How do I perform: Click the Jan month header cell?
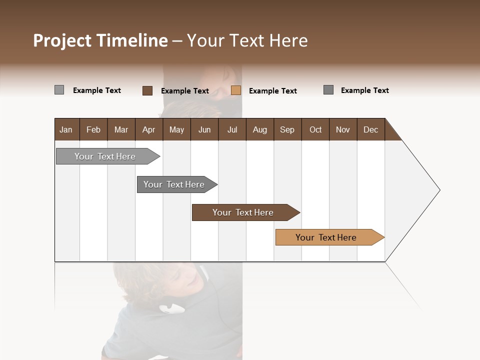pyautogui.click(x=66, y=129)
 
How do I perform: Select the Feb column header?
pyautogui.click(x=93, y=129)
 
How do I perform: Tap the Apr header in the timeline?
pyautogui.click(x=148, y=129)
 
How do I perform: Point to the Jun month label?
pyautogui.click(x=204, y=129)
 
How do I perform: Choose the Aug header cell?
pyautogui.click(x=259, y=129)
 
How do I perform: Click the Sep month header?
pyautogui.click(x=287, y=129)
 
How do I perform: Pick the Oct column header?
pyautogui.click(x=315, y=129)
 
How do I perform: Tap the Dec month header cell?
pyautogui.click(x=370, y=129)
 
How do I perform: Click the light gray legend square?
pyautogui.click(x=59, y=90)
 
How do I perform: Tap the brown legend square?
pyautogui.click(x=147, y=90)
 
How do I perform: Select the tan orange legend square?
pyautogui.click(x=236, y=90)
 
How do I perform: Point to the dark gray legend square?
pyautogui.click(x=328, y=90)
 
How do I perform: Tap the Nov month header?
pyautogui.click(x=343, y=129)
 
